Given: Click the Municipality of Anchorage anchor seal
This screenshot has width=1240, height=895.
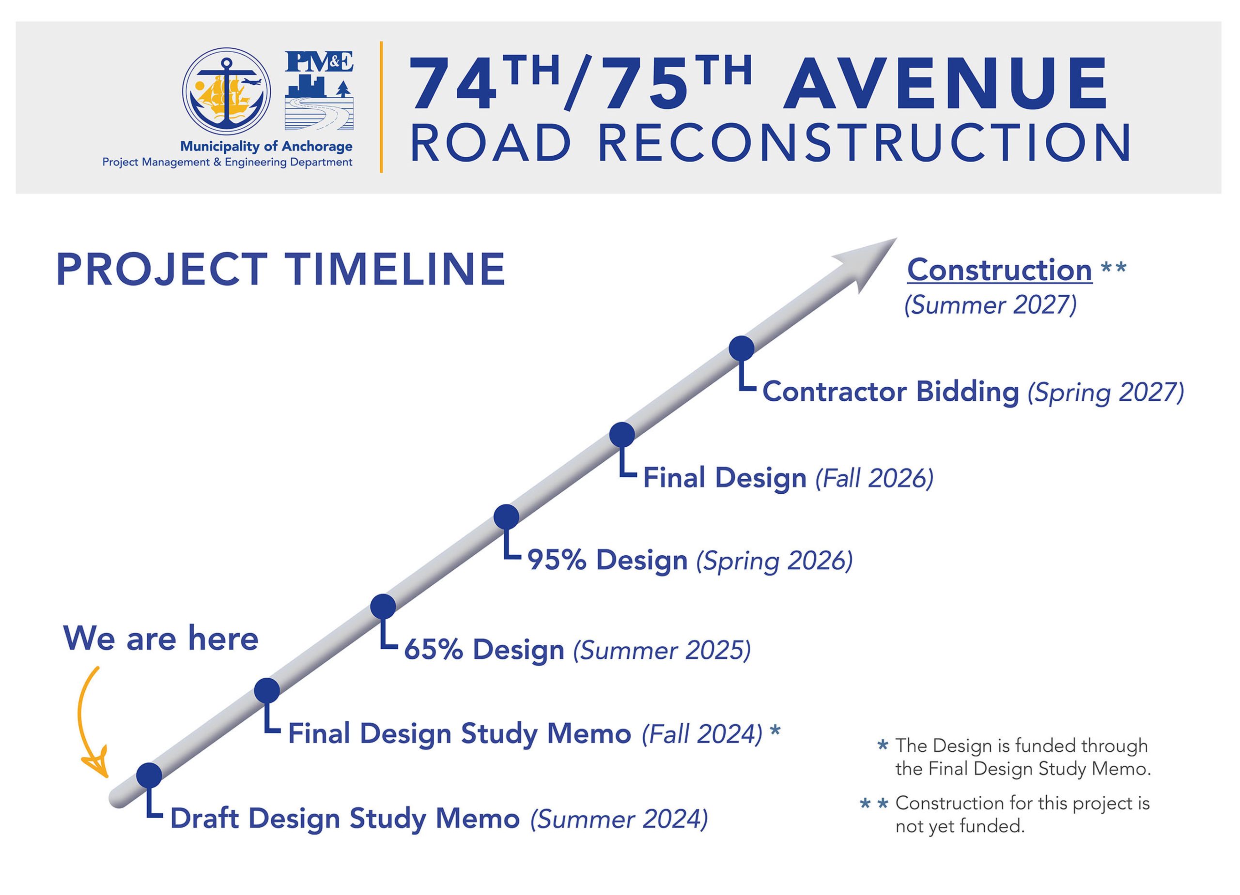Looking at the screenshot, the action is pos(226,92).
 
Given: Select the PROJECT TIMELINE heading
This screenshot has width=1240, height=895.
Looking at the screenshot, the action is pos(280,270).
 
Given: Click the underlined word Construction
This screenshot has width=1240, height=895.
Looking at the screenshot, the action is pos(999,271).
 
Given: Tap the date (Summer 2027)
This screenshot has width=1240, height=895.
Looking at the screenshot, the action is pos(990,305).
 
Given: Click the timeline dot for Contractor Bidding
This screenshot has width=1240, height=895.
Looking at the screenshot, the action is pos(742,348).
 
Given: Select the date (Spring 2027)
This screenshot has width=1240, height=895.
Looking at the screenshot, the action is pos(1105,392).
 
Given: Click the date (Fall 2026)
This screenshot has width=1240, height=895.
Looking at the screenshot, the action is pos(874,478).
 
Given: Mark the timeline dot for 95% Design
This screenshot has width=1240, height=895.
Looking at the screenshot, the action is pos(506,517).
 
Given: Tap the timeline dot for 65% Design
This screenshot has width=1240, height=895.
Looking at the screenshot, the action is pos(383,607).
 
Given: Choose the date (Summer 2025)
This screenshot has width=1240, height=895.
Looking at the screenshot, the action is pos(662,650).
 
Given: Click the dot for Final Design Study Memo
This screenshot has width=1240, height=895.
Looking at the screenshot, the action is pos(267,691).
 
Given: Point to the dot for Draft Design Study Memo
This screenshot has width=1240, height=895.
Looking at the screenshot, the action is pos(149,775).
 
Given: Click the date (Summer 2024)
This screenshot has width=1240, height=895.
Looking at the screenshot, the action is pos(619,819).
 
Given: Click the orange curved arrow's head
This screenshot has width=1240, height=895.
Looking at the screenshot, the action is pos(97,766).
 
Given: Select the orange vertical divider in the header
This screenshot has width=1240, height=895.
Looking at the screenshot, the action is pos(381,107).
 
